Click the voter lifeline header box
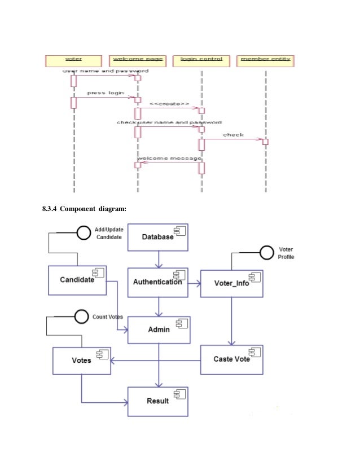click(73, 59)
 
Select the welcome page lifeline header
click(137, 59)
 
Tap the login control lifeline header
click(201, 59)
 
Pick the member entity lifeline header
click(265, 59)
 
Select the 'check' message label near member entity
click(233, 135)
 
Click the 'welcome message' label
click(170, 159)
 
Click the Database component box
click(158, 237)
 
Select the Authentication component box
click(158, 282)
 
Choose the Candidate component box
click(78, 280)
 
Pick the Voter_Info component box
click(232, 283)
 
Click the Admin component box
click(159, 329)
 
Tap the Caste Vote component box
click(232, 359)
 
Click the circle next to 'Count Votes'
click(82, 317)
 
